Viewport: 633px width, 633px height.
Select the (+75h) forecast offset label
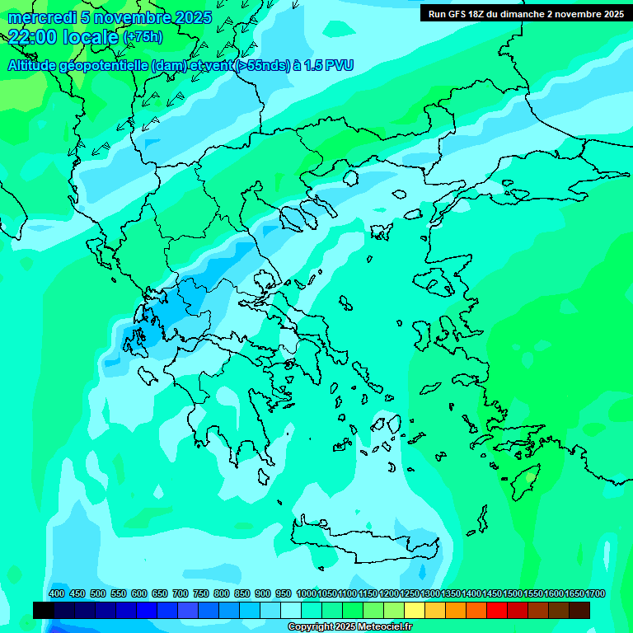[x=142, y=37]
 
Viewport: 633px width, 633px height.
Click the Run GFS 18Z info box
[x=525, y=13]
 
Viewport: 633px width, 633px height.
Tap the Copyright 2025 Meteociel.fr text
[x=350, y=626]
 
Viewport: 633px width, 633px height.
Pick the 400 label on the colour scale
[x=57, y=593]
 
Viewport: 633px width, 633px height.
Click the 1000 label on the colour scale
[x=306, y=593]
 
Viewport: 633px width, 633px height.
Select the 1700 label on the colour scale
[x=595, y=593]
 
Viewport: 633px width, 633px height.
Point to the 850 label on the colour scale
[x=242, y=593]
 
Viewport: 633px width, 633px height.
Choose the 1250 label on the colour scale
[x=410, y=593]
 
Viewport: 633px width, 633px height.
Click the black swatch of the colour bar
[x=44, y=610]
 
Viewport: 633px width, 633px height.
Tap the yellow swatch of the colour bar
[x=415, y=610]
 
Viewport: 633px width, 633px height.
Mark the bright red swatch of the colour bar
[x=497, y=610]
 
